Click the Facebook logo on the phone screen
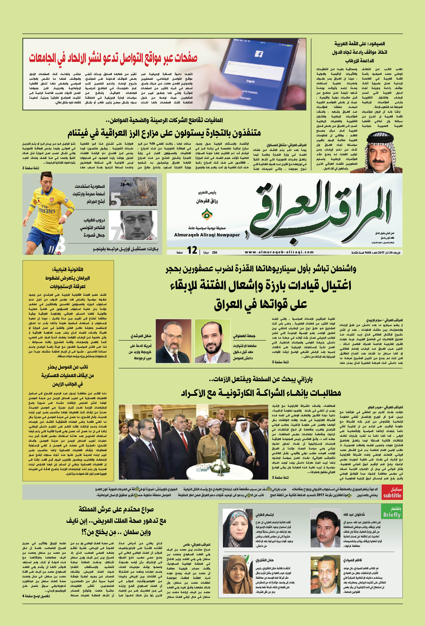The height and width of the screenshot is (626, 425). (259, 54)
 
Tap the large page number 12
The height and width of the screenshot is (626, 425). (192, 250)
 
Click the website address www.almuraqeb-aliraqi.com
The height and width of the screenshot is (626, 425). (279, 252)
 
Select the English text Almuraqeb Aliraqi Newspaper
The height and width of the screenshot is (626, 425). (207, 235)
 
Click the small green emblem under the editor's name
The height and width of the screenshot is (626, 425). (207, 214)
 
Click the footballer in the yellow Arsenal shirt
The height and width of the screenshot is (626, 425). (48, 213)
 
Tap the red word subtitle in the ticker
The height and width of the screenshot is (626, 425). (392, 495)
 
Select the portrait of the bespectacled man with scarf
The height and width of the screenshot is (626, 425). (138, 225)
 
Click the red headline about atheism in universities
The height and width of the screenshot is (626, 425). (113, 58)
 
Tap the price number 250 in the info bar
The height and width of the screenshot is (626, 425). (215, 252)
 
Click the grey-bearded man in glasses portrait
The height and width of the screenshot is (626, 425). (173, 341)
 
